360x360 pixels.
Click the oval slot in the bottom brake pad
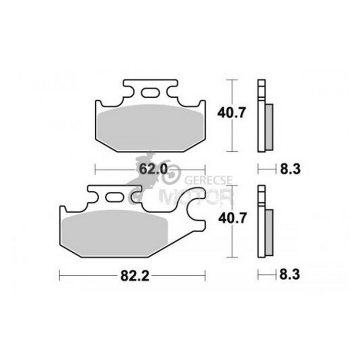(114, 198)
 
